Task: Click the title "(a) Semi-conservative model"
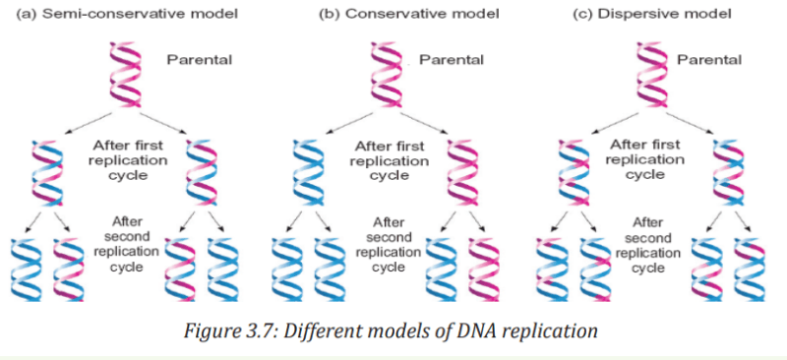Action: pyautogui.click(x=127, y=14)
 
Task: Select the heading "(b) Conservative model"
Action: pyautogui.click(x=409, y=14)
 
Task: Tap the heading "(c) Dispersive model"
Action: pyautogui.click(x=652, y=14)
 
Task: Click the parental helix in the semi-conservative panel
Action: pyautogui.click(x=126, y=74)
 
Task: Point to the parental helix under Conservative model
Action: pyautogui.click(x=387, y=74)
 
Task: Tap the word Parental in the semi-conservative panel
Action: pyautogui.click(x=200, y=60)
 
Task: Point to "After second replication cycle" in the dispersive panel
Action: pyautogui.click(x=647, y=245)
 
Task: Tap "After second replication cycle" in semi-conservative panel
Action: pyautogui.click(x=128, y=244)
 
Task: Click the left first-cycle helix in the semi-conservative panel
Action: pyautogui.click(x=47, y=172)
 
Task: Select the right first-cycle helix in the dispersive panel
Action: pyautogui.click(x=729, y=172)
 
